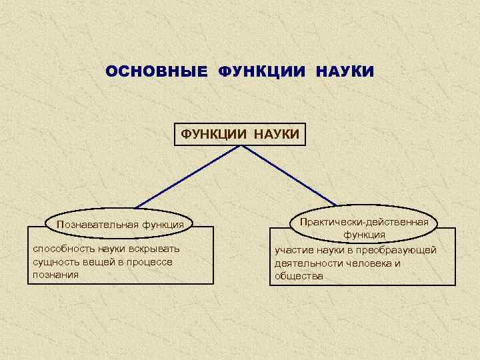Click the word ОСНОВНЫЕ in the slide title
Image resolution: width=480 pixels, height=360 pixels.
[x=157, y=71]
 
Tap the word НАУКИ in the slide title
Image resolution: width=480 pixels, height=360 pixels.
[x=345, y=71]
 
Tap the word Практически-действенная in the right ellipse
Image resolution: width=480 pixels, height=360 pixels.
[x=364, y=221]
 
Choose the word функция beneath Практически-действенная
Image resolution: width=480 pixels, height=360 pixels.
[x=364, y=235]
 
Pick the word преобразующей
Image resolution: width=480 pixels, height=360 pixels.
[x=402, y=250]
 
